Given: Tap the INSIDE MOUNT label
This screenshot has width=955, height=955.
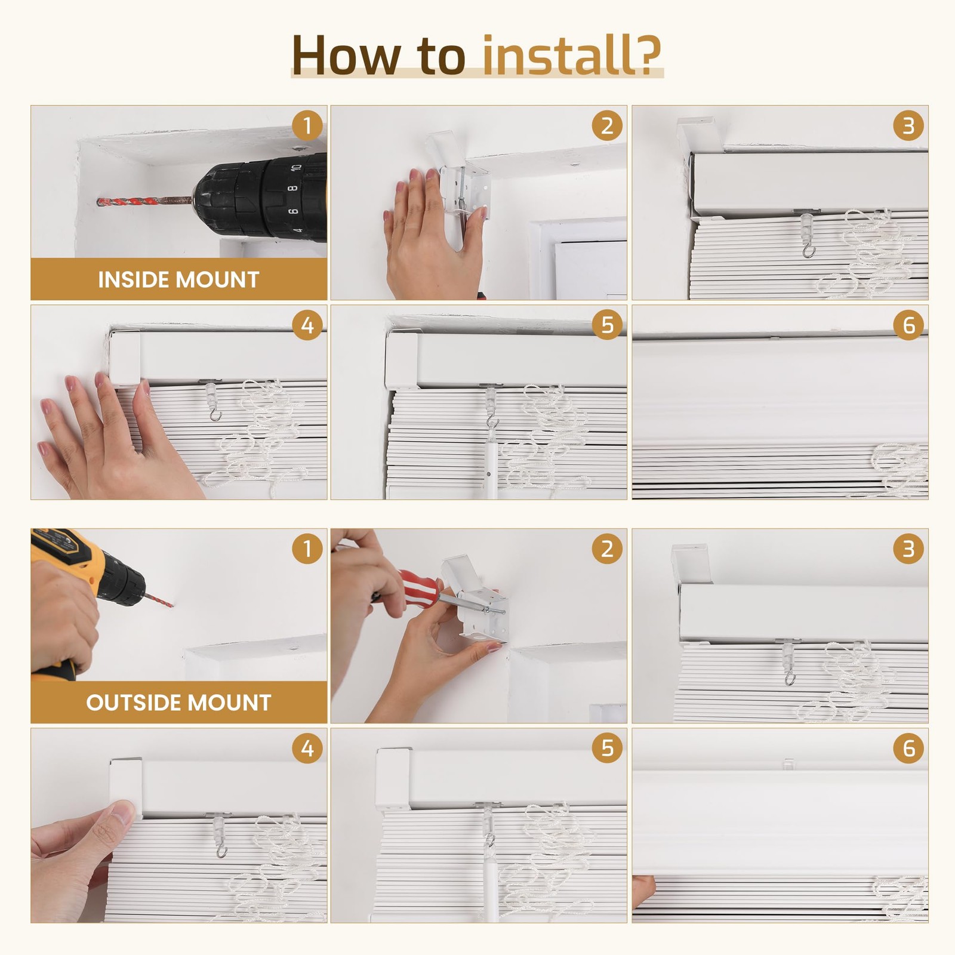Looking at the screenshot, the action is (178, 279).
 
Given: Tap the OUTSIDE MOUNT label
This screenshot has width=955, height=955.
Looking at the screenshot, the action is (178, 703).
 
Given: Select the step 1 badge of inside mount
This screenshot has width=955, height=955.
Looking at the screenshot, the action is (307, 126).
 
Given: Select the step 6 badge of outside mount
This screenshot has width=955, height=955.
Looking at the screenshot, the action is (908, 748).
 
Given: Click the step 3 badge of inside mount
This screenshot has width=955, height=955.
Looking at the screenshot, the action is (908, 126).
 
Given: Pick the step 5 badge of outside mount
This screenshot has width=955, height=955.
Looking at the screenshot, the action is (607, 748).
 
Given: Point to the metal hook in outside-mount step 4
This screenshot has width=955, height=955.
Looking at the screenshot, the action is (221, 849).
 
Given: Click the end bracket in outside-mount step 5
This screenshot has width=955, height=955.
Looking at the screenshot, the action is (393, 778).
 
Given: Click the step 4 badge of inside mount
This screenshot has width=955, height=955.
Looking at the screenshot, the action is (307, 325).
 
